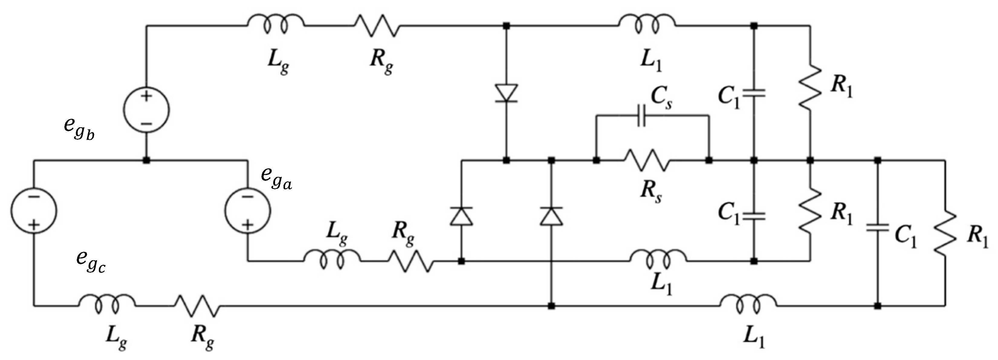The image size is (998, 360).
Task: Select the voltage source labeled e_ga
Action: [x=248, y=210]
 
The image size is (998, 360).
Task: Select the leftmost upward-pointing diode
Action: [x=461, y=216]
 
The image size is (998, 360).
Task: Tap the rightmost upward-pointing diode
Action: [x=551, y=216]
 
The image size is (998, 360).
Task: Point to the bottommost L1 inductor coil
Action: [x=748, y=304]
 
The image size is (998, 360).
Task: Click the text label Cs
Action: [x=661, y=98]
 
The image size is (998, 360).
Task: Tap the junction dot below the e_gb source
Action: [x=147, y=160]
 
